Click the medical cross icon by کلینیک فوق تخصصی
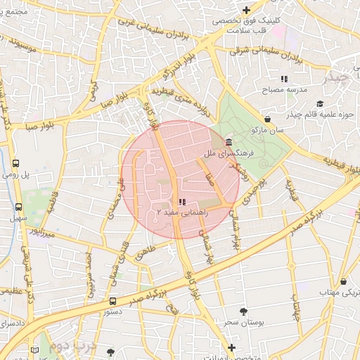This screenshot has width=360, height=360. (246, 10)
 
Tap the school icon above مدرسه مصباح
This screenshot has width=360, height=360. (284, 79)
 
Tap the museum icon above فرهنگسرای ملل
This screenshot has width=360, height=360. (229, 142)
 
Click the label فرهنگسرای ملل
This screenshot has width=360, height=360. (220, 153)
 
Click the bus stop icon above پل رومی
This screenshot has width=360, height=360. (16, 162)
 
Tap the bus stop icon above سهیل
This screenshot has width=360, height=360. (18, 207)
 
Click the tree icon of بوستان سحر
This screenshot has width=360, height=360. (243, 310)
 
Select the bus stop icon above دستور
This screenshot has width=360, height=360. (112, 300)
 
